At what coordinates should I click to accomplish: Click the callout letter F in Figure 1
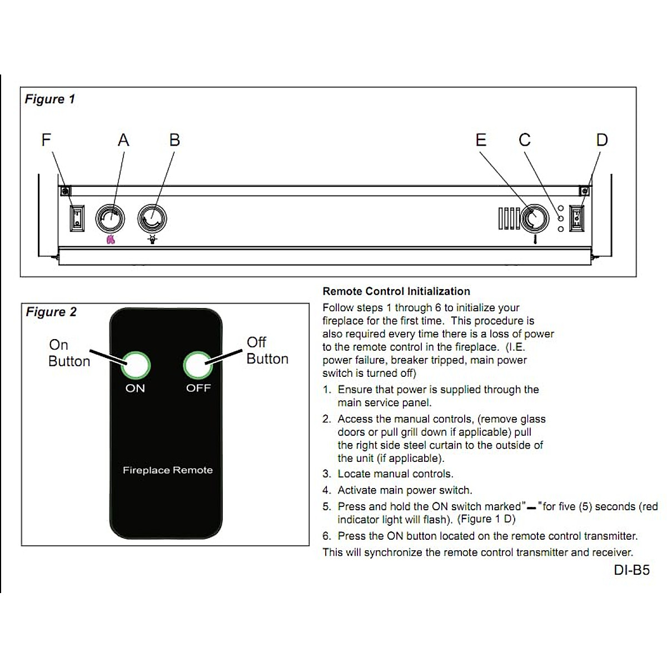46,140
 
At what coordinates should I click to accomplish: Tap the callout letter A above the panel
123,140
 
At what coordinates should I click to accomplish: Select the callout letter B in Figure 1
175,140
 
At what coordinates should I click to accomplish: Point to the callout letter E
481,140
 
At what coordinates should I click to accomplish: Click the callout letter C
525,140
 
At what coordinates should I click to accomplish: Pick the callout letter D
602,140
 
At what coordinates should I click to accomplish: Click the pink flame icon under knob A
111,240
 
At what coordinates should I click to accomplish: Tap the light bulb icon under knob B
152,240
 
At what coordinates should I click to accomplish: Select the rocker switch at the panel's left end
77,218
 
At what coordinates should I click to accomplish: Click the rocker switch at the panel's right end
577,218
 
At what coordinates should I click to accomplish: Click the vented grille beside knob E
509,218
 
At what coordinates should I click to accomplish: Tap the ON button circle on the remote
136,365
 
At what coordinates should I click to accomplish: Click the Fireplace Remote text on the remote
167,470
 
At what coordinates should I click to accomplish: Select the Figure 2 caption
51,312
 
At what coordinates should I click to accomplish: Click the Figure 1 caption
49,99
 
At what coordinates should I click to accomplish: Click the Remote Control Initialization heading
396,291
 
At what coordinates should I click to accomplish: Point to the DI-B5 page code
631,570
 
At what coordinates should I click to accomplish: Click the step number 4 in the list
326,490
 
